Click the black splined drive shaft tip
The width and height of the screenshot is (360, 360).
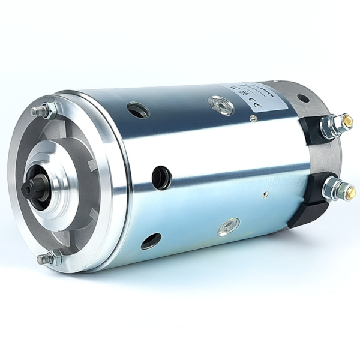31,188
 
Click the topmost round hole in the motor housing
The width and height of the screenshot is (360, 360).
138,110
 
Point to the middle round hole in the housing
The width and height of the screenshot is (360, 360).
161,177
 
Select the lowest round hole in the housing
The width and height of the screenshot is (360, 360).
151,241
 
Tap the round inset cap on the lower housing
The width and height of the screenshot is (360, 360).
229,226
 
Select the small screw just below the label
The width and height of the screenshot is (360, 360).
254,119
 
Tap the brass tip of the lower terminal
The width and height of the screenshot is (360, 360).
350,192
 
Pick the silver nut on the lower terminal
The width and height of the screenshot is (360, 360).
332,190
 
